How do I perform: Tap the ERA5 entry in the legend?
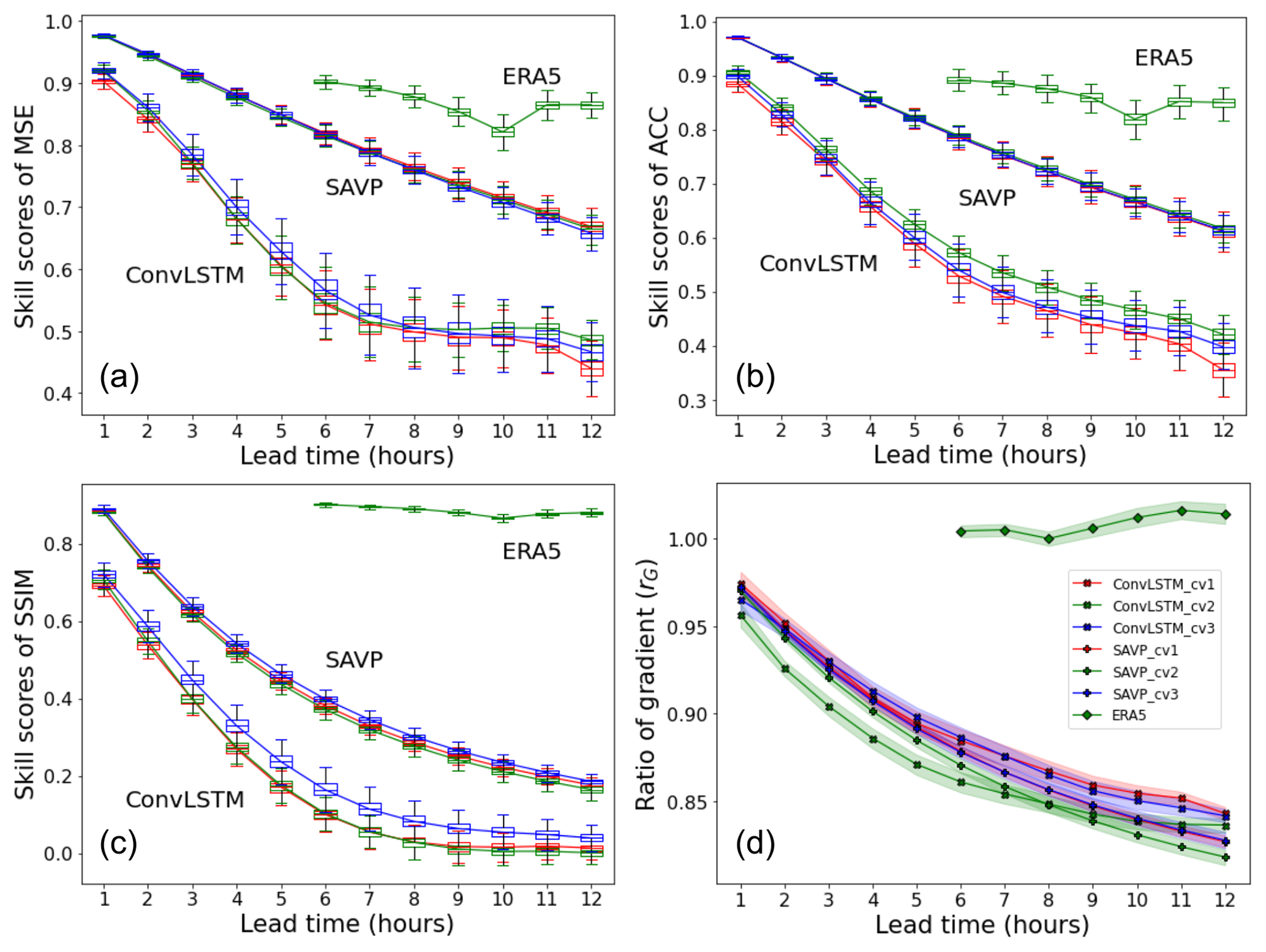click(x=1128, y=716)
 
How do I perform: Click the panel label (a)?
click(x=119, y=377)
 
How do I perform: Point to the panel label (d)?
click(x=755, y=844)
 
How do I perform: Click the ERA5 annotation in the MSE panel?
click(x=531, y=77)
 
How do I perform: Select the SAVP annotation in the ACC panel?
click(x=987, y=198)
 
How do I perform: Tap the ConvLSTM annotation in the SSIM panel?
click(x=184, y=799)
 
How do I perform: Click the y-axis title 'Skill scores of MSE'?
click(x=24, y=217)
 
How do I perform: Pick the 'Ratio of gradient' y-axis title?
click(x=646, y=684)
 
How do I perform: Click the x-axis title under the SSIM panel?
click(x=347, y=924)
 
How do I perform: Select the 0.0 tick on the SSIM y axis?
click(x=59, y=853)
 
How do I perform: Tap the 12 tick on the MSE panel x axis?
click(x=591, y=431)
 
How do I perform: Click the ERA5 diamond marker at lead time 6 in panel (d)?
click(x=961, y=532)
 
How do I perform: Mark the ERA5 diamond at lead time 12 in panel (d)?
click(x=1226, y=515)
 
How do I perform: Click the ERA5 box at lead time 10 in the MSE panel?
click(x=503, y=132)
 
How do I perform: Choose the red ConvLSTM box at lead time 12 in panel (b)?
click(x=1224, y=371)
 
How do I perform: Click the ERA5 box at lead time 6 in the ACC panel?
click(x=959, y=80)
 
